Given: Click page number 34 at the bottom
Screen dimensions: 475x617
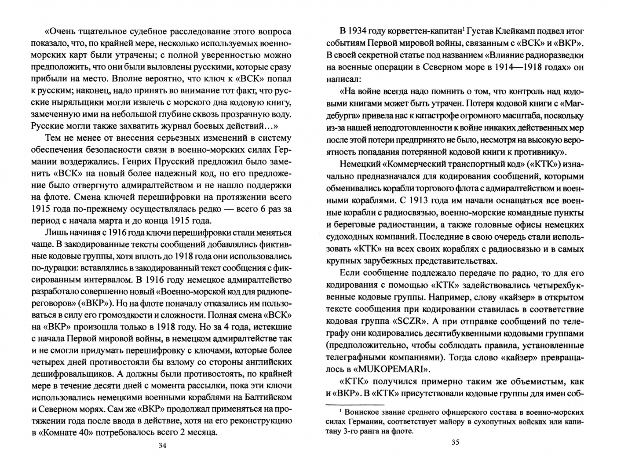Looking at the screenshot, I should (x=162, y=446).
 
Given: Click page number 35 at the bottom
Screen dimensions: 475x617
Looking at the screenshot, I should (x=455, y=442).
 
